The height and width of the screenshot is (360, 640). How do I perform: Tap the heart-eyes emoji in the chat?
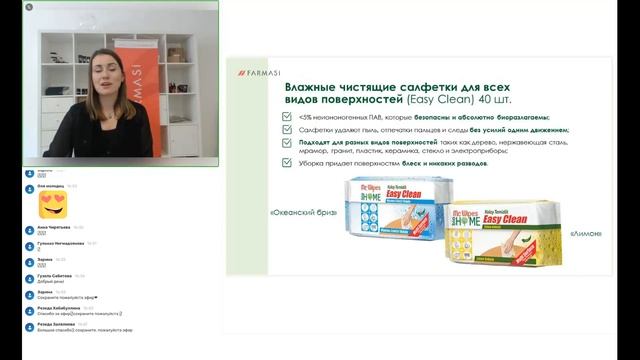pos(53,205)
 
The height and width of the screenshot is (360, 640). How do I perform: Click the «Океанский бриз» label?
pos(304,213)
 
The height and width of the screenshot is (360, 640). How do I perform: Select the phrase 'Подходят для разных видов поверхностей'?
pos(350,141)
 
